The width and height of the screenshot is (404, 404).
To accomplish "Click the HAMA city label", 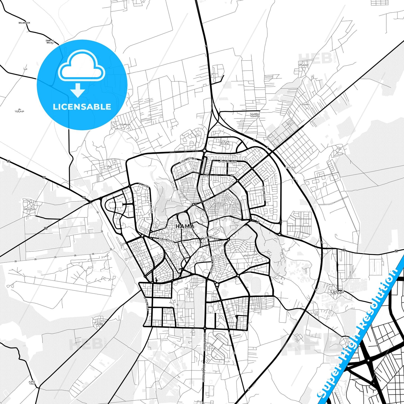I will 185,226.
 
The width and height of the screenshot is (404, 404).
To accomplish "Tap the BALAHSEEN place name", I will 24,23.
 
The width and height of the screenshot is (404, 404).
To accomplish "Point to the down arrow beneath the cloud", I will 78,90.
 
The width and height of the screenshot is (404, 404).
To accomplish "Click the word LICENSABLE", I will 82,107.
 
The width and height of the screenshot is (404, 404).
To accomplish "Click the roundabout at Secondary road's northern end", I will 205,328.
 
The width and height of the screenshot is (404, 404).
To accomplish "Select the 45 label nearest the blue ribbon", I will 396,251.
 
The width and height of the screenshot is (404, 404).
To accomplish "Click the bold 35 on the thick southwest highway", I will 46,228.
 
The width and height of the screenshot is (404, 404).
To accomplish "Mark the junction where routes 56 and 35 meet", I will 90,201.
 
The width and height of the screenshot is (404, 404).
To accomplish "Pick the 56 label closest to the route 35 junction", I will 84,197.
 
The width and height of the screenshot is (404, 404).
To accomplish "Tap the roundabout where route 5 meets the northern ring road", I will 205,151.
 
